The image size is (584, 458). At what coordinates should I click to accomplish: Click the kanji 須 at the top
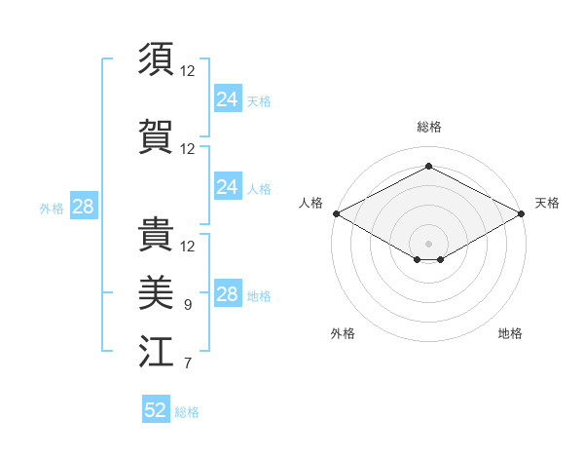(x=156, y=59)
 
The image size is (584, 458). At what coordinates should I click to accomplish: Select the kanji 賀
(x=156, y=134)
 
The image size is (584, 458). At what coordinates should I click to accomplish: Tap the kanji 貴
(x=156, y=231)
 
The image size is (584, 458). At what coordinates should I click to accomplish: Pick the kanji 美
(x=156, y=291)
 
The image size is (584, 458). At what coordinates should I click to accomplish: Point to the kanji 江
(x=156, y=352)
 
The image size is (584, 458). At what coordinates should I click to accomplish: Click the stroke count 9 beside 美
(x=188, y=305)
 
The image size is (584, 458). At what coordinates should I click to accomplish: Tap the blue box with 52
(x=156, y=410)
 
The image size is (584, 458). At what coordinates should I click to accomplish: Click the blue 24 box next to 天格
(x=227, y=98)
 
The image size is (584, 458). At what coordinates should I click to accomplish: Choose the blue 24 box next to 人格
(x=227, y=187)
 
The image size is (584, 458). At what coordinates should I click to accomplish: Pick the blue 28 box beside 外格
(x=83, y=207)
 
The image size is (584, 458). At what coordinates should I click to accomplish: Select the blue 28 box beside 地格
(x=227, y=294)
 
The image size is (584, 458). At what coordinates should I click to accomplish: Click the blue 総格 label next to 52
(x=187, y=412)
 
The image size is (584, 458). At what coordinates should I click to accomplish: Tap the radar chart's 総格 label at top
(x=428, y=128)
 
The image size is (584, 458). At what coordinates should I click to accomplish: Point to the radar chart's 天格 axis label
(x=547, y=203)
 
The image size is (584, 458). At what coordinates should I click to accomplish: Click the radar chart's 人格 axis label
(x=311, y=203)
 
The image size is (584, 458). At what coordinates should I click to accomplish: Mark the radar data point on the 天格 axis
(x=522, y=213)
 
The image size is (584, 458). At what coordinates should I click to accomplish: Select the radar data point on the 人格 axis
(x=336, y=213)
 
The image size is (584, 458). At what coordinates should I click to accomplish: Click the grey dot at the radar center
(x=428, y=243)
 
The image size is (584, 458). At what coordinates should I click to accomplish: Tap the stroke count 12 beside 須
(x=188, y=71)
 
